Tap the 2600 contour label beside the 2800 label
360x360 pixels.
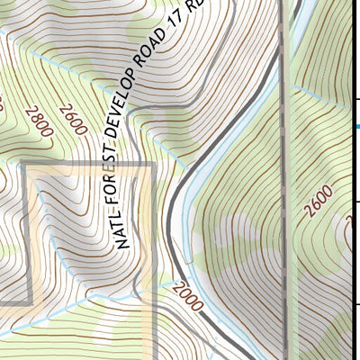(73, 120)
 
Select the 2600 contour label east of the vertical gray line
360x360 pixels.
(319, 201)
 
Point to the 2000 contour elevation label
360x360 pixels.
(192, 296)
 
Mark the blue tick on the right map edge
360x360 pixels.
(356, 127)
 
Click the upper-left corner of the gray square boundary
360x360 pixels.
(22, 164)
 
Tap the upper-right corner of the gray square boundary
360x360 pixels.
(155, 164)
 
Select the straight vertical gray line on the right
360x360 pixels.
(284, 180)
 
